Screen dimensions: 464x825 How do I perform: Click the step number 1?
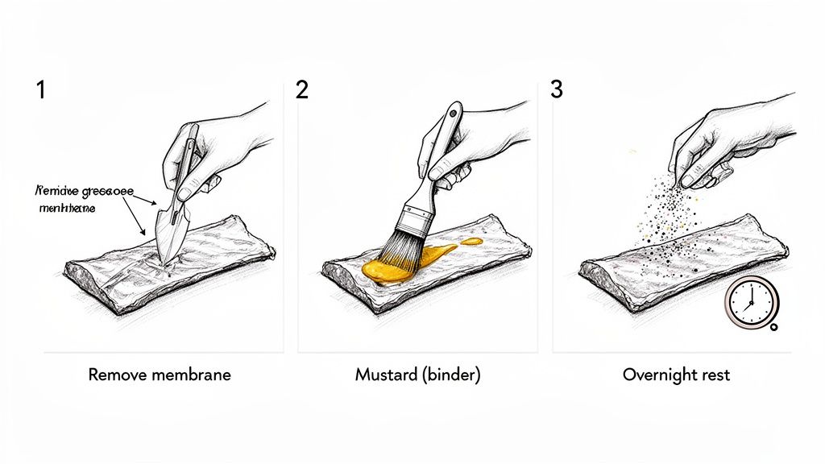pos(40,89)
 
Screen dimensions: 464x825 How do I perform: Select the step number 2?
pos(302,89)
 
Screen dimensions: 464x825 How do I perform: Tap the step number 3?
pos(556,89)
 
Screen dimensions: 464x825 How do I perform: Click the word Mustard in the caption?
pos(382,375)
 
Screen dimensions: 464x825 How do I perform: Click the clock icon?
pos(748,302)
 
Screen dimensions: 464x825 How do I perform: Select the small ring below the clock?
pos(773,326)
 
